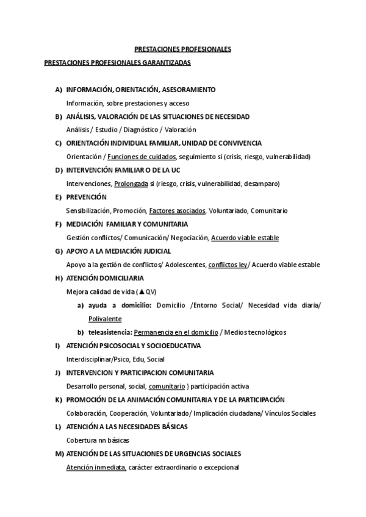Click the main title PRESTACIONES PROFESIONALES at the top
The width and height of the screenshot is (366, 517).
tap(182, 49)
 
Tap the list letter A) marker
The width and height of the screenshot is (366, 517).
tap(59, 90)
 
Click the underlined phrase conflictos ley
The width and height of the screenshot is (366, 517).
tap(228, 265)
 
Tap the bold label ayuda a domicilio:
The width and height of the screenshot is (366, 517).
tap(120, 305)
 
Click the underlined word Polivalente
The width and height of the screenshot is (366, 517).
tap(105, 318)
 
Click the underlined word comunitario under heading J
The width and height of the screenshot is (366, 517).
tap(167, 386)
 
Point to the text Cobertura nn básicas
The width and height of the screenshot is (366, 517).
tap(97, 440)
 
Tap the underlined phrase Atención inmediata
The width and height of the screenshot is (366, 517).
tap(96, 467)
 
